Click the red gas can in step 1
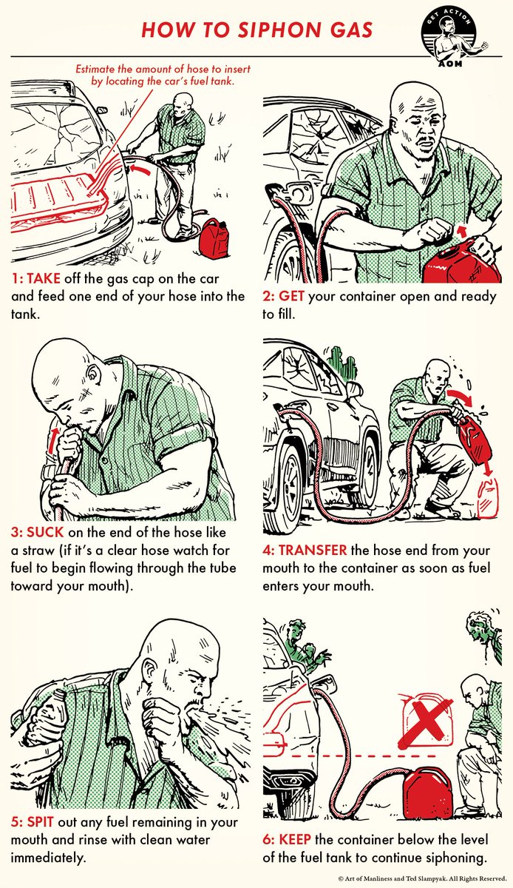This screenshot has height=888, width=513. pyautogui.click(x=214, y=238)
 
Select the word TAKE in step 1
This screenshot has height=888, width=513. pyautogui.click(x=43, y=278)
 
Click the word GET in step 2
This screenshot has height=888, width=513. pyautogui.click(x=291, y=296)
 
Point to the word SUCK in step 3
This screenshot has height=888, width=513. pyautogui.click(x=45, y=532)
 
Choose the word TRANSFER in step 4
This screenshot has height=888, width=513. pyautogui.click(x=313, y=551)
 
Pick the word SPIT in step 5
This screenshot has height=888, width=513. pyautogui.click(x=40, y=822)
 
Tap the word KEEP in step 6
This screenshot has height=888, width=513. pyautogui.click(x=294, y=839)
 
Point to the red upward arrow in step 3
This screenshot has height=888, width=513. pyautogui.click(x=53, y=440)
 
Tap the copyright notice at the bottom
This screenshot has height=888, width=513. pyautogui.click(x=423, y=878)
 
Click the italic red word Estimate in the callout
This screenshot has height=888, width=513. pyautogui.click(x=94, y=70)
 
